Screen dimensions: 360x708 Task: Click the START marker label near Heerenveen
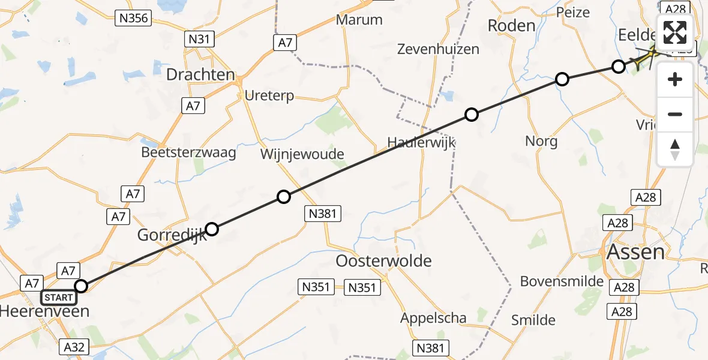[59, 298]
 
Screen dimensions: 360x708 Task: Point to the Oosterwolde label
[384, 261]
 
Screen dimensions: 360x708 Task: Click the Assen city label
[635, 251]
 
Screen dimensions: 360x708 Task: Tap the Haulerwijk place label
[421, 143]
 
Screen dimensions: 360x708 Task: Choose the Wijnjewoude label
[302, 154]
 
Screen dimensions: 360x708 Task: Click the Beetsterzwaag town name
[188, 152]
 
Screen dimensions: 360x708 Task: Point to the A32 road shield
[75, 346]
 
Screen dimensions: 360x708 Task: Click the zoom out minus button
[675, 114]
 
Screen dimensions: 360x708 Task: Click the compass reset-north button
[675, 149]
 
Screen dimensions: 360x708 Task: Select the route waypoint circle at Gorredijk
[212, 229]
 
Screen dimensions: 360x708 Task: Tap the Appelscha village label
[433, 318]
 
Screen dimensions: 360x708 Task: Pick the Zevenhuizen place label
[438, 49]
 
